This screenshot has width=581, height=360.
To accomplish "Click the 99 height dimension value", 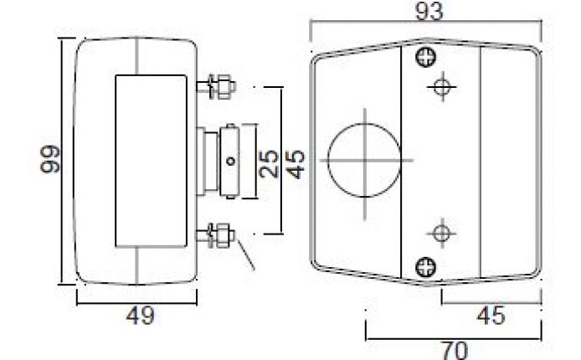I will tap(50, 159).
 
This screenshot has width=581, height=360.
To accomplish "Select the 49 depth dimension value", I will tap(137, 316).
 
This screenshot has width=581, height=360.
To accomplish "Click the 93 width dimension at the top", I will tap(428, 11).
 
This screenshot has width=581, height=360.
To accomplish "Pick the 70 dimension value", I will tap(455, 348).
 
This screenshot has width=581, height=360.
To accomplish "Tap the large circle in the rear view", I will tap(362, 159).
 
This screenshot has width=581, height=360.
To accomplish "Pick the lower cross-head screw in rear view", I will tap(427, 266).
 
